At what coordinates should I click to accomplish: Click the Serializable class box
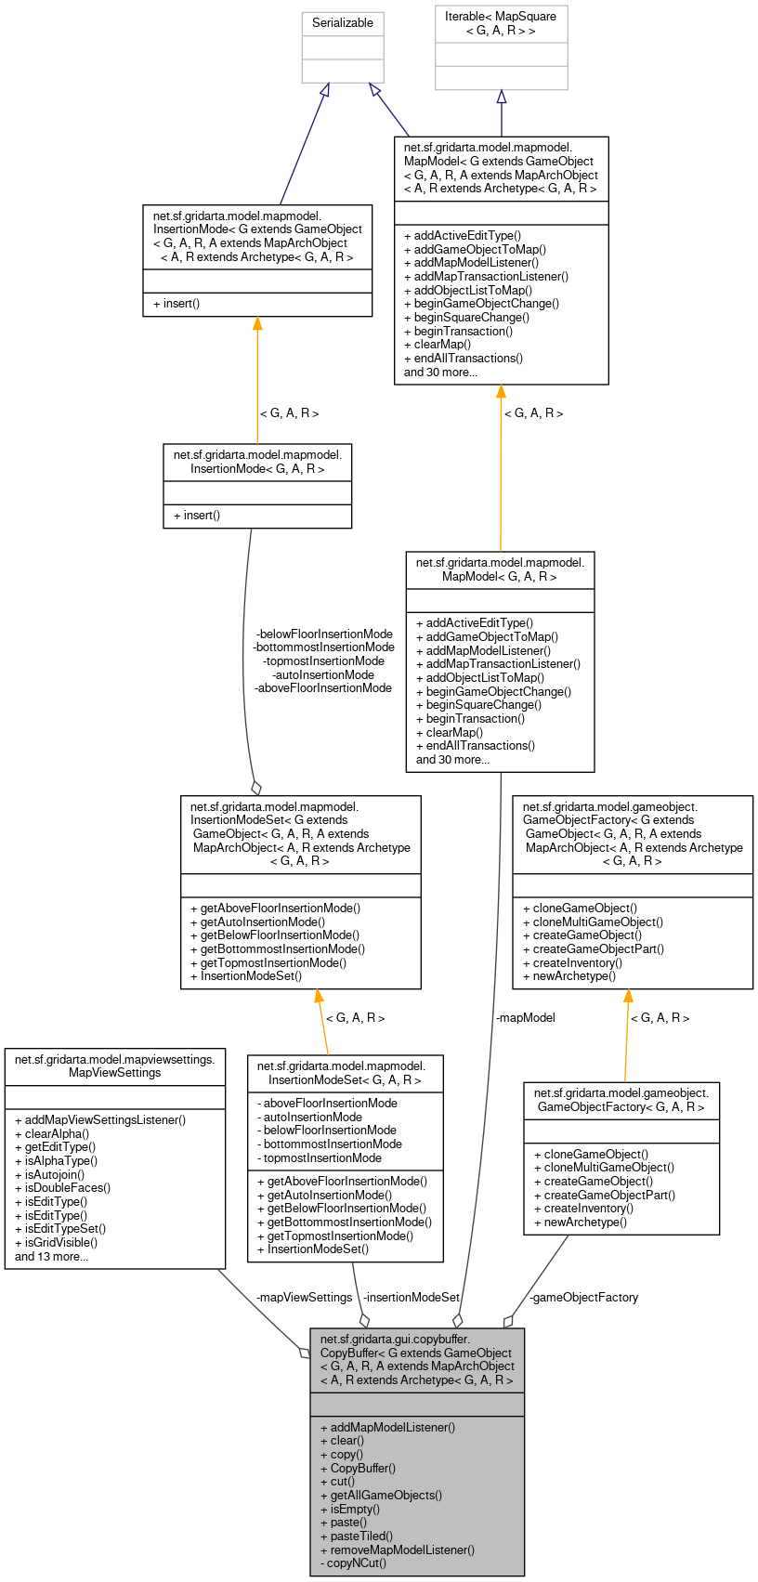[x=342, y=23]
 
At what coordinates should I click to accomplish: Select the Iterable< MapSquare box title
[x=501, y=24]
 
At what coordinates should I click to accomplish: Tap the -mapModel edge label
[x=525, y=1017]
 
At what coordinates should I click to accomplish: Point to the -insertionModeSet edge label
[x=412, y=1297]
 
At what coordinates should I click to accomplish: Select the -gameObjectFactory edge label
[x=583, y=1297]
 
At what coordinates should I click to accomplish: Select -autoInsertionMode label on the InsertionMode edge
[x=322, y=674]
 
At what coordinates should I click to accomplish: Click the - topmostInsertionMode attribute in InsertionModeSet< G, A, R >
[x=322, y=1157]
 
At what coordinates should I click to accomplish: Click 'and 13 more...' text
[x=52, y=1256]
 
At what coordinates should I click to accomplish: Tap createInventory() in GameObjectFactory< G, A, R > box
[x=583, y=1208]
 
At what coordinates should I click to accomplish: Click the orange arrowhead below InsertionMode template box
[x=257, y=323]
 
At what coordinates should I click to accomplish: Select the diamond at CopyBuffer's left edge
[x=305, y=1353]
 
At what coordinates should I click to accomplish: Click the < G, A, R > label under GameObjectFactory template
[x=660, y=1017]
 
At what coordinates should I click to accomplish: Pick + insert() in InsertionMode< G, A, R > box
[x=197, y=515]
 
